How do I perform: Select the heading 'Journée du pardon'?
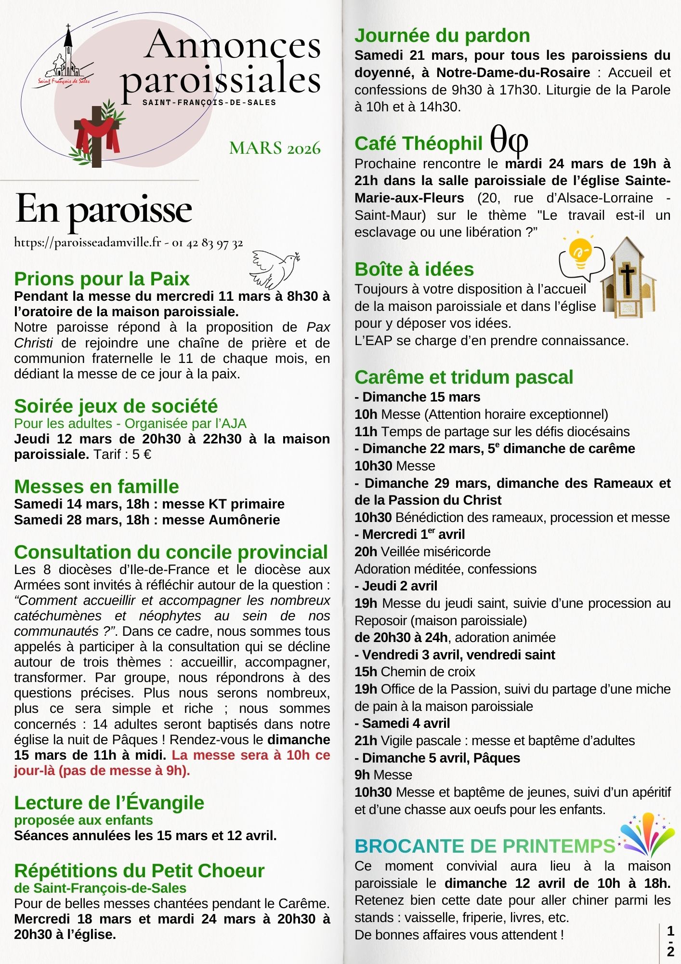[442, 36]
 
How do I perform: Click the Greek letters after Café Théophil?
[509, 140]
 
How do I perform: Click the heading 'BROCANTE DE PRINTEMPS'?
[485, 846]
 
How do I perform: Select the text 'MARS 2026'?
[275, 148]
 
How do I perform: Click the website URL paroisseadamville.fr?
[87, 242]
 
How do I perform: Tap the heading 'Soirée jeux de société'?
[116, 406]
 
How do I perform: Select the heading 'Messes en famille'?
[96, 486]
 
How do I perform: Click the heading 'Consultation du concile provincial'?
[171, 552]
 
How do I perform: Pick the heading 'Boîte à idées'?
[414, 269]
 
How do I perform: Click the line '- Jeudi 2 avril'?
[396, 586]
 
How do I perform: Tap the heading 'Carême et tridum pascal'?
[464, 377]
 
